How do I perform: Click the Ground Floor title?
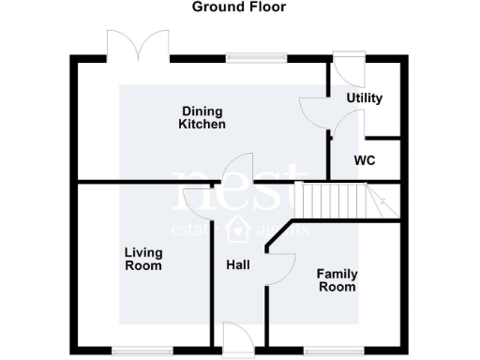[x=239, y=7]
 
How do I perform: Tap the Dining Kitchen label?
[x=203, y=117]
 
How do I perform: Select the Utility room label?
[x=365, y=98]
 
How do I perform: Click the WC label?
[x=365, y=160]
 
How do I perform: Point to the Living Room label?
[x=143, y=259]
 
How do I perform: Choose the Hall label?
[x=238, y=265]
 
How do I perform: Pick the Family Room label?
[x=337, y=280]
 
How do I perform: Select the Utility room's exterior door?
[x=345, y=66]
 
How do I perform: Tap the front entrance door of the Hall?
[x=238, y=338]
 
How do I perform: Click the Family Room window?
[x=334, y=351]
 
